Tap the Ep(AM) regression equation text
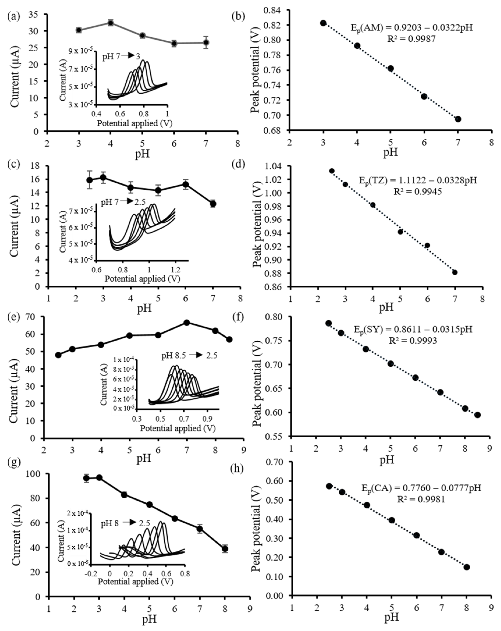click(411, 28)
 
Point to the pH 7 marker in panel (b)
click(458, 119)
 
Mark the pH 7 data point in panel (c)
click(213, 204)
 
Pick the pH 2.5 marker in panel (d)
click(332, 171)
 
